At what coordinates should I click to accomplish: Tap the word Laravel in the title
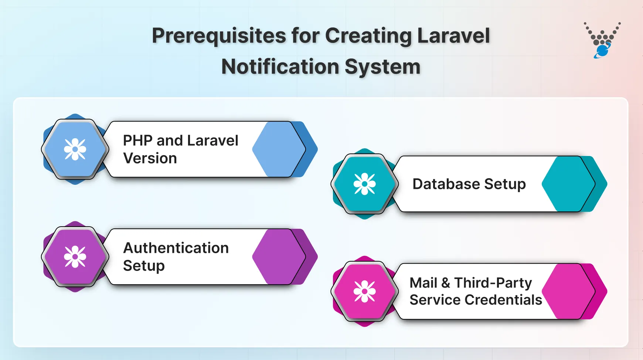click(453, 36)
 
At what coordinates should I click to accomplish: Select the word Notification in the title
click(280, 67)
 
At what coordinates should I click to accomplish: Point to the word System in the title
click(382, 67)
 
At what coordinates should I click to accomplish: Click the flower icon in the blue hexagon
click(75, 149)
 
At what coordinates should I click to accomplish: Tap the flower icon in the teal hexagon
click(365, 184)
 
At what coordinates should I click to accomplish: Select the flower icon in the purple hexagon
click(75, 257)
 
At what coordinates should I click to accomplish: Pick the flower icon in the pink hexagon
click(365, 291)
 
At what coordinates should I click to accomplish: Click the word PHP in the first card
click(137, 141)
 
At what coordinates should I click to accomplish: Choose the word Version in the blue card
click(150, 159)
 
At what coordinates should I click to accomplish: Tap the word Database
click(446, 184)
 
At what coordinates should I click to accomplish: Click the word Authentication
click(176, 248)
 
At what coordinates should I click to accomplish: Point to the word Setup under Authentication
click(144, 266)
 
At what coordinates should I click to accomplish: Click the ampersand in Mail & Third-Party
click(446, 283)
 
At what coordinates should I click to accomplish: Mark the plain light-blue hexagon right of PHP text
click(278, 149)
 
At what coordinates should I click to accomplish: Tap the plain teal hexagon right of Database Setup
click(568, 184)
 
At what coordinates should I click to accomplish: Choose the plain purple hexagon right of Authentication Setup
click(278, 257)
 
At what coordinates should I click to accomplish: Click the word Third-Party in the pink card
click(493, 283)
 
